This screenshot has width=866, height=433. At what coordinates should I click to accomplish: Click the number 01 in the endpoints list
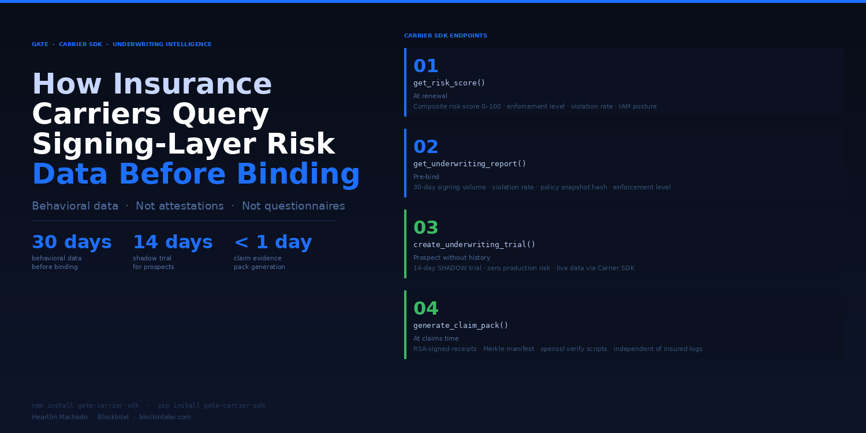tap(425, 66)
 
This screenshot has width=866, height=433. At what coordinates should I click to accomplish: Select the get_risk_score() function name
tap(449, 83)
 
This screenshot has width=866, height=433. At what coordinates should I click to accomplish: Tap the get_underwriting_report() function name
tap(469, 164)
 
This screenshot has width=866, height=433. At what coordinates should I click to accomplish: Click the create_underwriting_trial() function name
tap(474, 245)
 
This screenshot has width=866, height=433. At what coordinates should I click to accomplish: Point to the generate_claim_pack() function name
tap(461, 326)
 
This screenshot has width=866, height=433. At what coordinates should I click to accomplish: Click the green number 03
tap(425, 228)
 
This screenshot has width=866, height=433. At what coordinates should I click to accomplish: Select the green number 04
tap(425, 309)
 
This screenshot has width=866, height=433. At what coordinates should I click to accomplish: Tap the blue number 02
tap(425, 147)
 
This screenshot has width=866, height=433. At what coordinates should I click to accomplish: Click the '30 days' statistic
tap(72, 242)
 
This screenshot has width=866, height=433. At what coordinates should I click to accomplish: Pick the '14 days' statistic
tap(173, 242)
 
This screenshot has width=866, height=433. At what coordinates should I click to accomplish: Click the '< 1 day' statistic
tap(273, 242)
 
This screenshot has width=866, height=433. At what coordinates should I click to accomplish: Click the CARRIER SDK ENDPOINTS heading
tap(445, 36)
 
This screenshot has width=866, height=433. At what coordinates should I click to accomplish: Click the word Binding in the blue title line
tap(298, 174)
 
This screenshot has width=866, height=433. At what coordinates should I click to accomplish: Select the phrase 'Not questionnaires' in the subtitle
tap(293, 206)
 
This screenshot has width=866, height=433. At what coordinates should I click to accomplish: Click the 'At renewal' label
tap(430, 96)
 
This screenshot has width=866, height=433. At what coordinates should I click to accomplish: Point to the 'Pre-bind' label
tap(426, 177)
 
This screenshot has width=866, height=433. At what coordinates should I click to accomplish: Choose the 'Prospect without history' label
tap(451, 258)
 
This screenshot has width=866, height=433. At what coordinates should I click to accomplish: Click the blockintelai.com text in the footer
tap(165, 417)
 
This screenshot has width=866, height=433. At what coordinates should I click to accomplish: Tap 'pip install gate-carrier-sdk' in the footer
tap(211, 405)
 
